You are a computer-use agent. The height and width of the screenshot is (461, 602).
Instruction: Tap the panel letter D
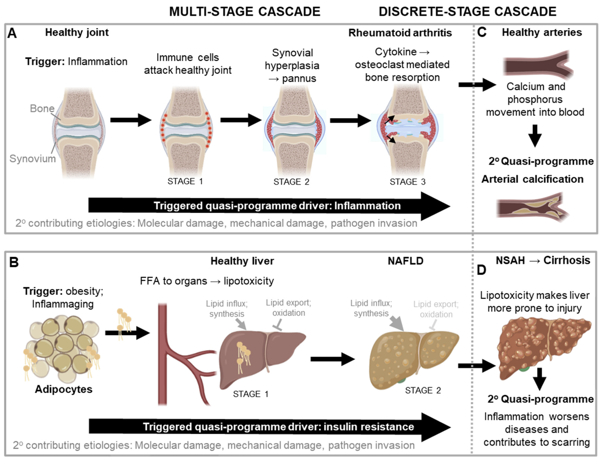pyautogui.click(x=481, y=270)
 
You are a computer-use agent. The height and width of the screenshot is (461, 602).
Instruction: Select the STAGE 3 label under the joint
pyautogui.click(x=407, y=182)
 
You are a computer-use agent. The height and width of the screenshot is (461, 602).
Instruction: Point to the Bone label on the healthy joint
pyautogui.click(x=42, y=109)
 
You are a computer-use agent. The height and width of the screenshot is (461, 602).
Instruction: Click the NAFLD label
pyautogui.click(x=405, y=261)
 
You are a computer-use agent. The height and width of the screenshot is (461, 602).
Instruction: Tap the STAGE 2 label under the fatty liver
pyautogui.click(x=423, y=390)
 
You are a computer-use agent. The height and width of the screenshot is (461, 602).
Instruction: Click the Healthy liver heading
pyautogui.click(x=242, y=261)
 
